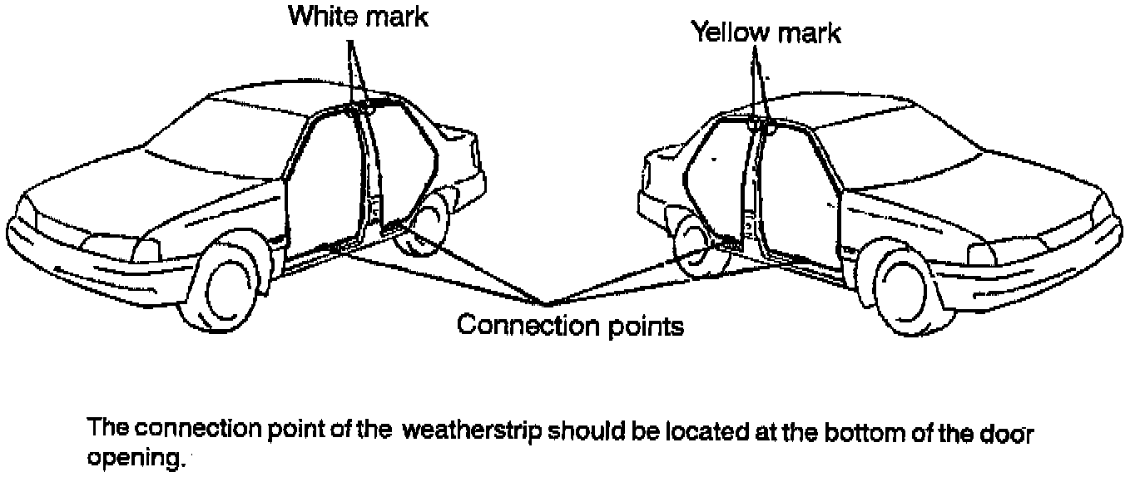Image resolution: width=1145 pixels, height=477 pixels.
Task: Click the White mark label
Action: (358, 17)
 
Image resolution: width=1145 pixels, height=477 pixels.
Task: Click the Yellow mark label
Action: (766, 33)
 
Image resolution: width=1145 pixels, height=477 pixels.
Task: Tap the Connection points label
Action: (570, 325)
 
